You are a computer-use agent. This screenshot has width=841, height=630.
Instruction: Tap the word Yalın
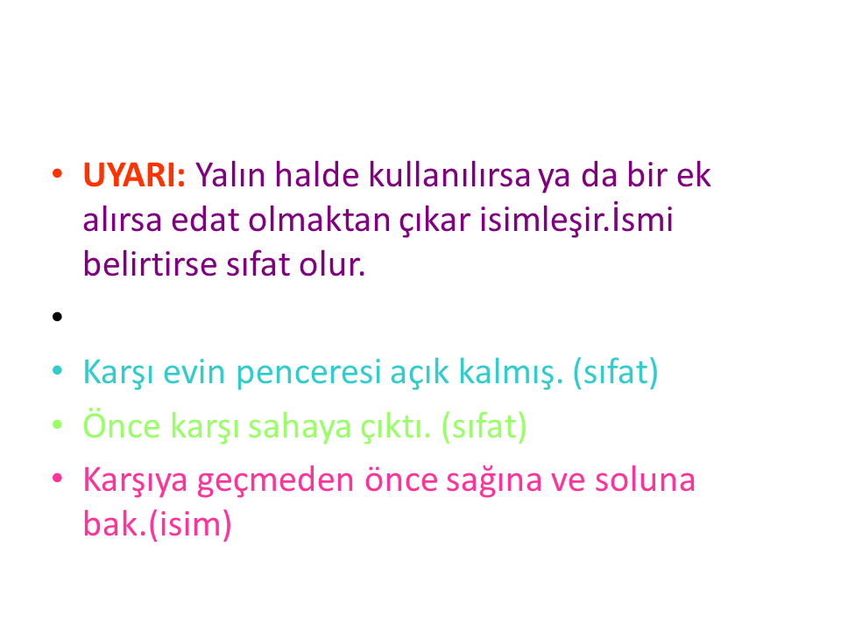[230, 175]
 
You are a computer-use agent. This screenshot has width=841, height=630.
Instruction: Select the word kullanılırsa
[449, 175]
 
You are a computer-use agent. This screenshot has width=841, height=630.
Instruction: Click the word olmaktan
[319, 220]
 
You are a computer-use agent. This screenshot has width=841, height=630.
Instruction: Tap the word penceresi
[308, 372]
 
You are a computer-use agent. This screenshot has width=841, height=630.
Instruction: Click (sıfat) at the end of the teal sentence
[616, 372]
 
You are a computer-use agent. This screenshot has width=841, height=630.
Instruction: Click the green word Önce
[122, 425]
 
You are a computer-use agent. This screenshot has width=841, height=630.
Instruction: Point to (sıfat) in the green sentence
[484, 426]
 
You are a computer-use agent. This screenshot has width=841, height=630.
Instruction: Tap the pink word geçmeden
[276, 480]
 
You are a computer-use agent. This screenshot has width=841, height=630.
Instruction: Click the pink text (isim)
[190, 524]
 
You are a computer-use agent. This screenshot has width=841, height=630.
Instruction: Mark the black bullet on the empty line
[58, 317]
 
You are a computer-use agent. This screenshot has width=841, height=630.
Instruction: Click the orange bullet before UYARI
[58, 173]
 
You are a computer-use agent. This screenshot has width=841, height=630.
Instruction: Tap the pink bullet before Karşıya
[58, 478]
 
